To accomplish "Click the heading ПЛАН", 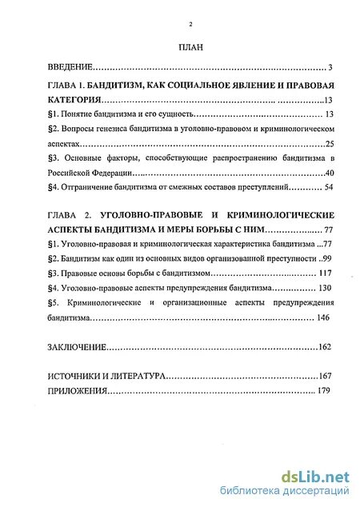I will tap(190, 49).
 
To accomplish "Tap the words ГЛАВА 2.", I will tap(71, 216).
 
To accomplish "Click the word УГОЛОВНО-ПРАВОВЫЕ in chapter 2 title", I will tap(146, 216).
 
